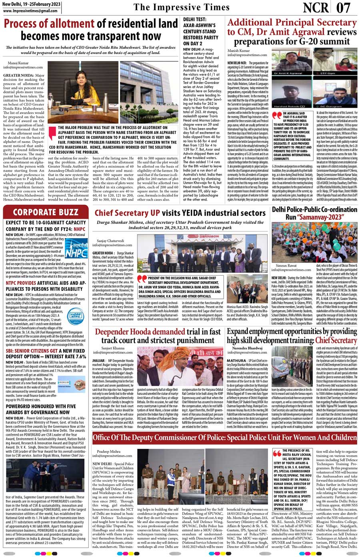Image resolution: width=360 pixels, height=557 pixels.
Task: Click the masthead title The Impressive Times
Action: [182, 8]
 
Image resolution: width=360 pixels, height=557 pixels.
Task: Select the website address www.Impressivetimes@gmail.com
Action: [30, 11]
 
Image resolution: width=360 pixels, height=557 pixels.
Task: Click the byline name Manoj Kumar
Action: [18, 63]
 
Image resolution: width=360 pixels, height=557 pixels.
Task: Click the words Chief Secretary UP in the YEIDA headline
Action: [127, 213]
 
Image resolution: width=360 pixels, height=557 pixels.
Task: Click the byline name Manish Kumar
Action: [238, 51]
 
